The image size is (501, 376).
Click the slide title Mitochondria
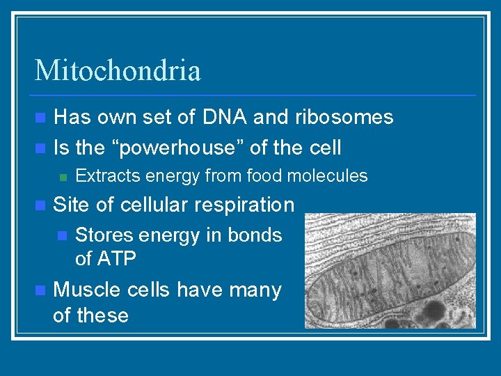[118, 70]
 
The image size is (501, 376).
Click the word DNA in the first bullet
[223, 117]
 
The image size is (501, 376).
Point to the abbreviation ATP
[116, 259]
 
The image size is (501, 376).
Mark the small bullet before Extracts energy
[62, 177]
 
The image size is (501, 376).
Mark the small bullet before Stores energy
[62, 236]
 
